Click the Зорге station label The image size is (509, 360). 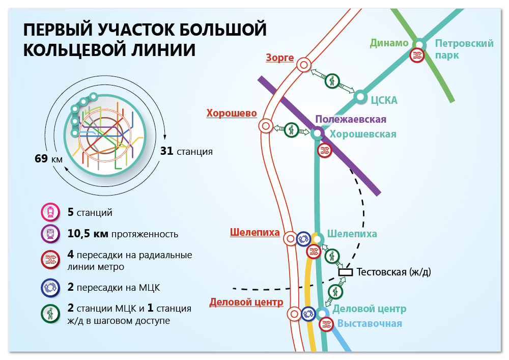coord(279,58)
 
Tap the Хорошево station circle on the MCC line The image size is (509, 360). coord(266,126)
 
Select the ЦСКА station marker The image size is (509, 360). coord(361,96)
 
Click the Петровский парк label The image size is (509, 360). coord(458,49)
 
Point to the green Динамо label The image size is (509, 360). coord(389,43)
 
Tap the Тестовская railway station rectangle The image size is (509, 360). coord(346,272)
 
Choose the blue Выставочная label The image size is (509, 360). coord(370,323)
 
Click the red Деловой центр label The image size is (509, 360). coord(246,302)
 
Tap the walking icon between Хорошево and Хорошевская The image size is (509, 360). coord(292,129)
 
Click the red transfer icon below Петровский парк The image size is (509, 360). coord(417,55)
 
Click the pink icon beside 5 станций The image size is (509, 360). coord(49,212)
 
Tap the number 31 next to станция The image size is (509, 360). coord(166,151)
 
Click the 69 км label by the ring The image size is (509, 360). coord(48,158)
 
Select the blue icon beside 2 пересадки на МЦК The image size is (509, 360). coord(49,288)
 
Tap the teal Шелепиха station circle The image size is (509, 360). coord(317,239)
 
